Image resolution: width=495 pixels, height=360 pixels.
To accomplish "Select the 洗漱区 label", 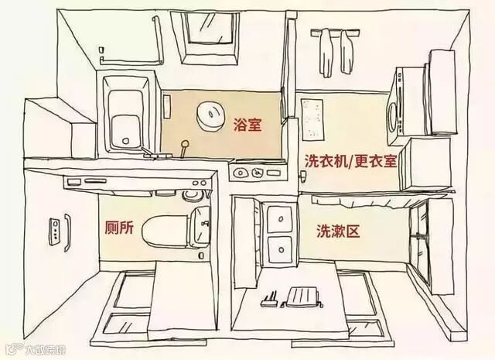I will point(335,231).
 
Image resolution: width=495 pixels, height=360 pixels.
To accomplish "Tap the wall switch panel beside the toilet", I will point(56,229).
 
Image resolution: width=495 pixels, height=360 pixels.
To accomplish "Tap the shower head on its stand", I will point(185,146).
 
